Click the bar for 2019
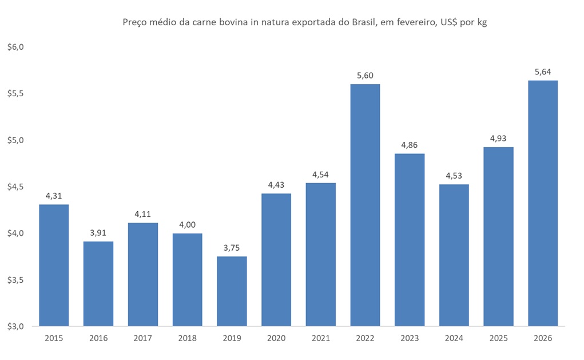[232, 291]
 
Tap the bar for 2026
[543, 203]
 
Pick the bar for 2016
[98, 284]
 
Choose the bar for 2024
[454, 255]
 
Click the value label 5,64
[543, 72]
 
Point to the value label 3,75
[232, 247]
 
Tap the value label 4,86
[410, 145]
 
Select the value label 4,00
[187, 224]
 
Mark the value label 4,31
[54, 196]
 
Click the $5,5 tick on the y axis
[15, 93]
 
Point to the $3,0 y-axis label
[15, 327]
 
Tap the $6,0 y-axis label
[15, 47]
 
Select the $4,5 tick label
[15, 187]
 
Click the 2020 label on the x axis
[276, 338]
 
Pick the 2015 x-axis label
[54, 338]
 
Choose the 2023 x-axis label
[410, 338]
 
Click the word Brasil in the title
[357, 23]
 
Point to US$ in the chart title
[445, 23]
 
